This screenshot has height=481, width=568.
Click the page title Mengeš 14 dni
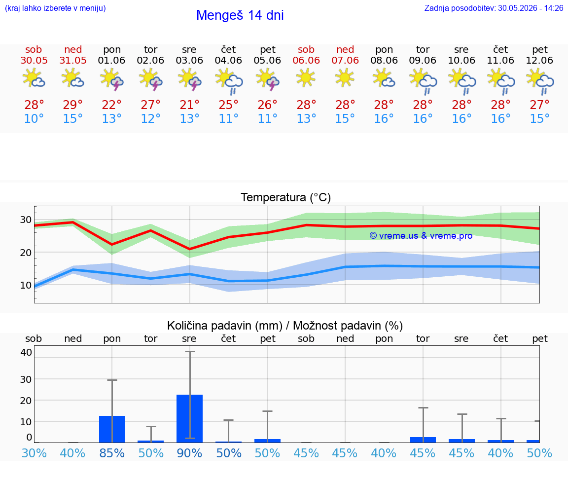[x=240, y=15]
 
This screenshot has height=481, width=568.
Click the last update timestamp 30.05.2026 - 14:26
[x=531, y=8]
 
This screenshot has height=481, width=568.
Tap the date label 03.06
[x=189, y=60]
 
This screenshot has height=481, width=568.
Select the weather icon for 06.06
[x=306, y=78]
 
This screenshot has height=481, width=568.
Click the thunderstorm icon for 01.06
[x=111, y=79]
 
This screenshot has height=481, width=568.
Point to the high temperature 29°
[x=73, y=105]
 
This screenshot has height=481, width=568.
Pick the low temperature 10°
[x=34, y=118]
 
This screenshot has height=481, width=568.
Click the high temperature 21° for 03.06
[x=189, y=105]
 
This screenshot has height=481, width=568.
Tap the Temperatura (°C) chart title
[x=286, y=197]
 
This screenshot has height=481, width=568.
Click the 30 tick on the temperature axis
[x=26, y=220]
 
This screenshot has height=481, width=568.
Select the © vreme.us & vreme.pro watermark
[x=421, y=236]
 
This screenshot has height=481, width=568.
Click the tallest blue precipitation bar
[x=189, y=419]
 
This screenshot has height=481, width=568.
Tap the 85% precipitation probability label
[x=112, y=453]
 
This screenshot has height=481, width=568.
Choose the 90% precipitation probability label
[x=189, y=453]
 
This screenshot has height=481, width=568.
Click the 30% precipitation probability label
[x=34, y=453]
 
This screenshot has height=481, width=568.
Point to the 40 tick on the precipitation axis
[x=26, y=352]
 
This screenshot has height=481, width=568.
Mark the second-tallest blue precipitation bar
[x=112, y=429]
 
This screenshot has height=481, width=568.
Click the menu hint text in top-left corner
[x=55, y=8]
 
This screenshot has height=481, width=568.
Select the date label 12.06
[x=539, y=60]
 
